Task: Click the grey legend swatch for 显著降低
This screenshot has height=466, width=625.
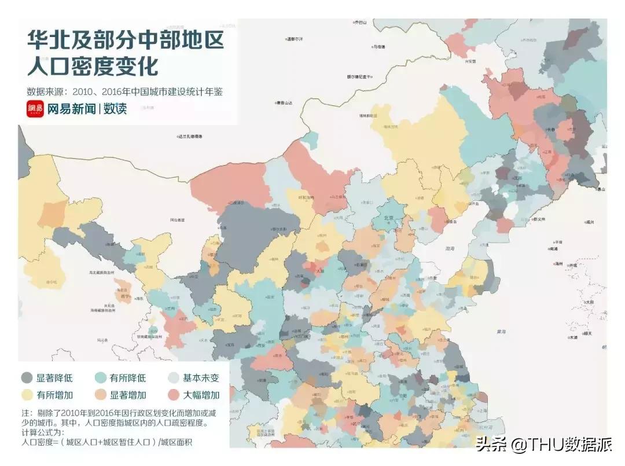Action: [27, 378]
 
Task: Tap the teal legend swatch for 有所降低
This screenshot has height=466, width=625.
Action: [100, 378]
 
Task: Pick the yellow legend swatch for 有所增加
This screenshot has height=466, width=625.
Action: [27, 395]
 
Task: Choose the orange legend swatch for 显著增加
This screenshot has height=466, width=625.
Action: [100, 395]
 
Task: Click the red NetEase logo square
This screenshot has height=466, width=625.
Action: [35, 108]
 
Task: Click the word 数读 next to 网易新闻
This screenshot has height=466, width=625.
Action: [115, 108]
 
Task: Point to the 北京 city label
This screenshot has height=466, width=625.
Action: [392, 218]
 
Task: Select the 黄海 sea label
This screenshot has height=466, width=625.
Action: [501, 332]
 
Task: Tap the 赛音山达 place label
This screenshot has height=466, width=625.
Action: [285, 103]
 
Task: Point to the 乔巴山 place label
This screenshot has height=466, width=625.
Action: [361, 22]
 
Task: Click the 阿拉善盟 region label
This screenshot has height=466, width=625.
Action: [178, 220]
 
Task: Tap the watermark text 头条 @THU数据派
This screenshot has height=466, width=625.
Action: [543, 445]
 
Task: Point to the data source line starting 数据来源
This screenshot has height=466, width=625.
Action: [124, 91]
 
